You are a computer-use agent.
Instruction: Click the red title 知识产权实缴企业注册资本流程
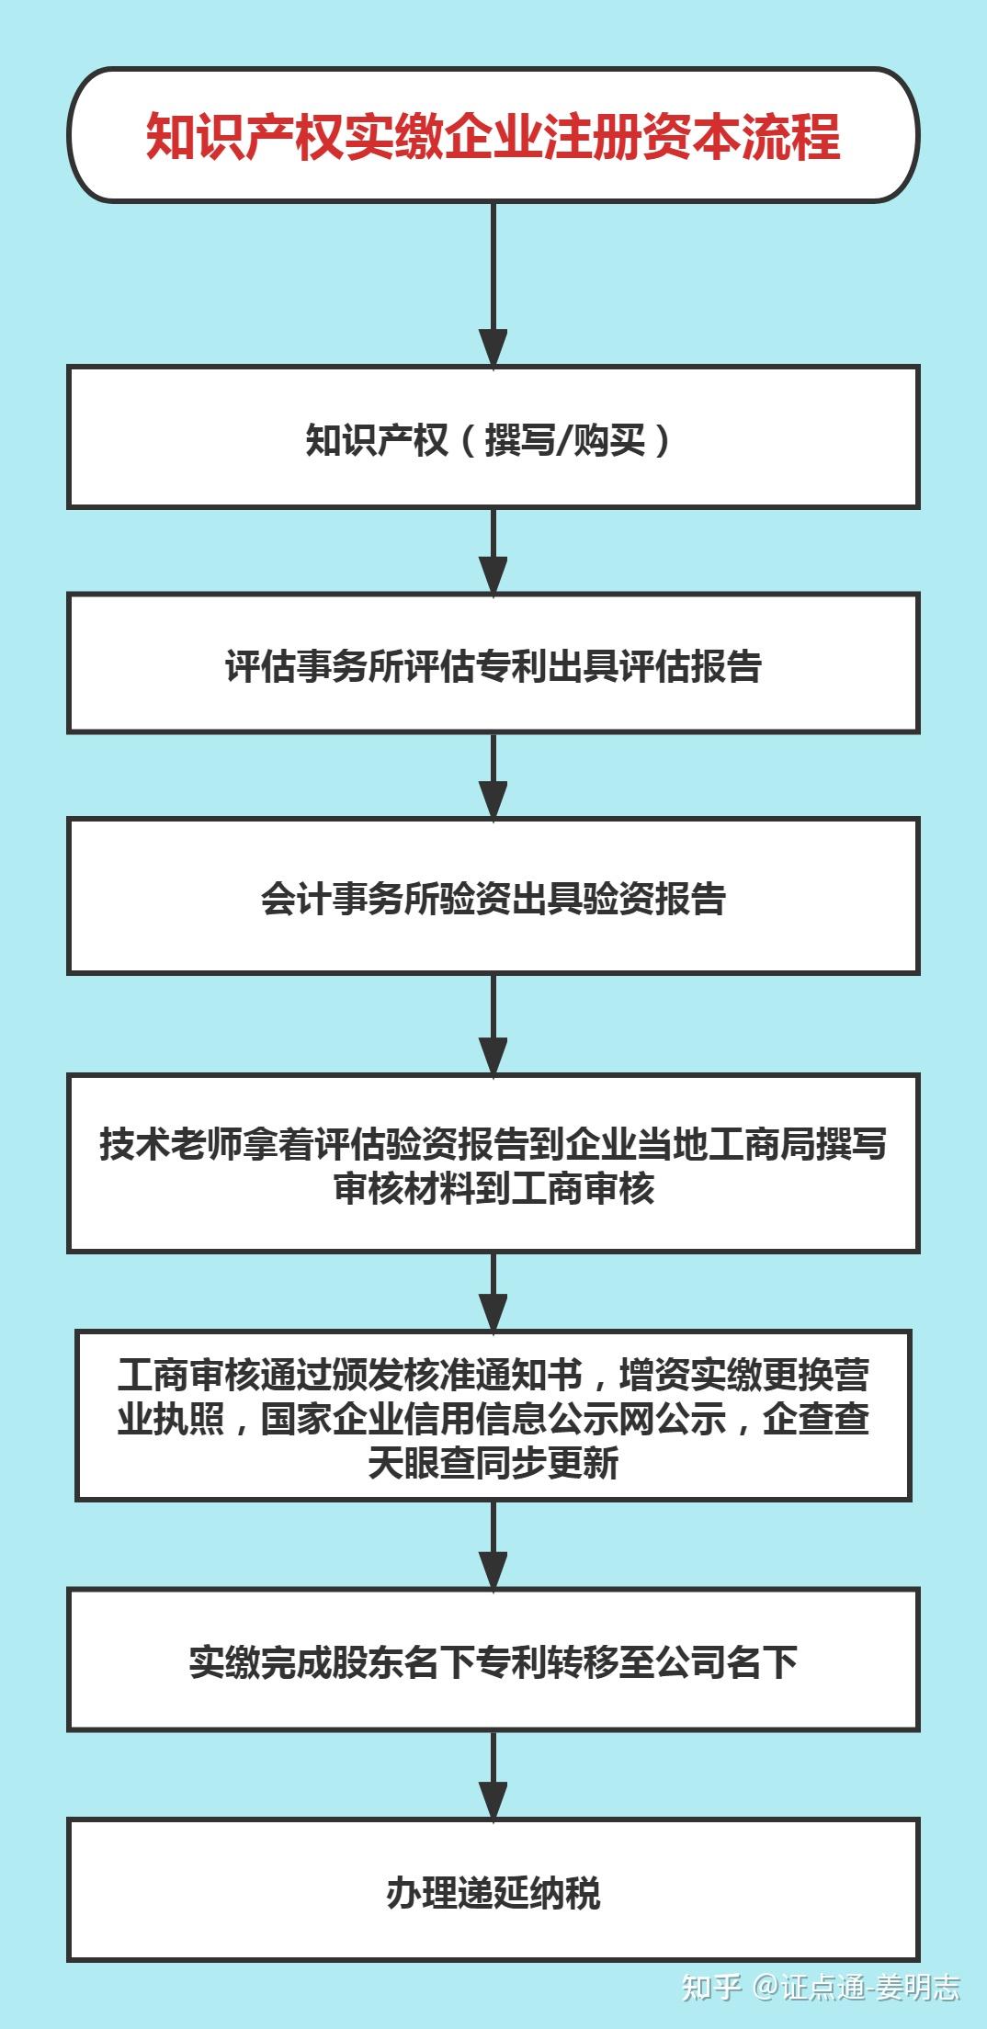point(493,136)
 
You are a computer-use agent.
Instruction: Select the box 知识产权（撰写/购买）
point(493,437)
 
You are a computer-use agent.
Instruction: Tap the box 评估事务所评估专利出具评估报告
point(493,663)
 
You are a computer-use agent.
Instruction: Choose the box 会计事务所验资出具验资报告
point(493,896)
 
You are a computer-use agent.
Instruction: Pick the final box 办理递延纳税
point(493,1889)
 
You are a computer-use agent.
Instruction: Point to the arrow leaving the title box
point(493,285)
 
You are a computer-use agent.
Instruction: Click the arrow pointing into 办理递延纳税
point(493,1774)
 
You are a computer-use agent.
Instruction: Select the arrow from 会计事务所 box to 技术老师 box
point(493,1025)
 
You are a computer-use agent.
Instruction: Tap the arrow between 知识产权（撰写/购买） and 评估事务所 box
point(493,551)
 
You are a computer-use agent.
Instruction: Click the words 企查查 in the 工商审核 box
point(816,1419)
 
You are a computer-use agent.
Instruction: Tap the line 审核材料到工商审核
point(493,1188)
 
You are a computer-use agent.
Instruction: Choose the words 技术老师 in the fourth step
point(171,1144)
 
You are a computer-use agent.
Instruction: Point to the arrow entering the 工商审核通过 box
point(493,1291)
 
